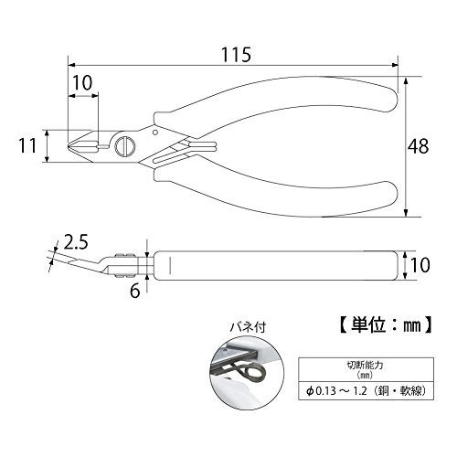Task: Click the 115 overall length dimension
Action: click(236, 55)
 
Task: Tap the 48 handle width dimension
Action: click(418, 146)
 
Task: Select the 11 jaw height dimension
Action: click(27, 145)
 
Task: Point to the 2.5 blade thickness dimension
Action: click(76, 242)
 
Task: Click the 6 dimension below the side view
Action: click(134, 291)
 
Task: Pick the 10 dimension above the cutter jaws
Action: click(82, 82)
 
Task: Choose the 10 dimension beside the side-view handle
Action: click(420, 265)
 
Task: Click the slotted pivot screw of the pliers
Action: click(125, 146)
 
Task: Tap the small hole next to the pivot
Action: click(154, 133)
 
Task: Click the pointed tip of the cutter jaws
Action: click(68, 146)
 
